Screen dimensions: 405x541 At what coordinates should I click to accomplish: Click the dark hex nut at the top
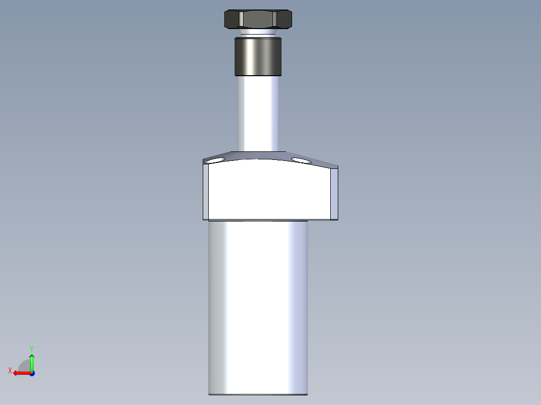click(258, 20)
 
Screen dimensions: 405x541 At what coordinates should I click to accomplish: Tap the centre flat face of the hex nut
click(258, 21)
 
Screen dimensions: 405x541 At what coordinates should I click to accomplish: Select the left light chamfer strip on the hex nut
click(241, 21)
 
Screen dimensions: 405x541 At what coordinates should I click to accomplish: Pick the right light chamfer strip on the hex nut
click(276, 21)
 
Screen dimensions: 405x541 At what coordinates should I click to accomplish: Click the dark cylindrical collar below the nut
click(258, 56)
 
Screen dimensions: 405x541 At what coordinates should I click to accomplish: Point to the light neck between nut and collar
click(258, 34)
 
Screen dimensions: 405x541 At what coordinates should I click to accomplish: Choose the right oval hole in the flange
click(301, 160)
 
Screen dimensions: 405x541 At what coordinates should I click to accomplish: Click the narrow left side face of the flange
click(205, 192)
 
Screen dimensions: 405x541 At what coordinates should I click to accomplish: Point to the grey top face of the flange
click(258, 155)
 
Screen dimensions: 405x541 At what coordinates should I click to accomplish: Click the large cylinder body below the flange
click(258, 306)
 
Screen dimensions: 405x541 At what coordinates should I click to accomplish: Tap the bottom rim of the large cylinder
click(258, 394)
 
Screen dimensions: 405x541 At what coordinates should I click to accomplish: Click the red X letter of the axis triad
click(10, 370)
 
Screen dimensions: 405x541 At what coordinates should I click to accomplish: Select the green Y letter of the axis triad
click(31, 348)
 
